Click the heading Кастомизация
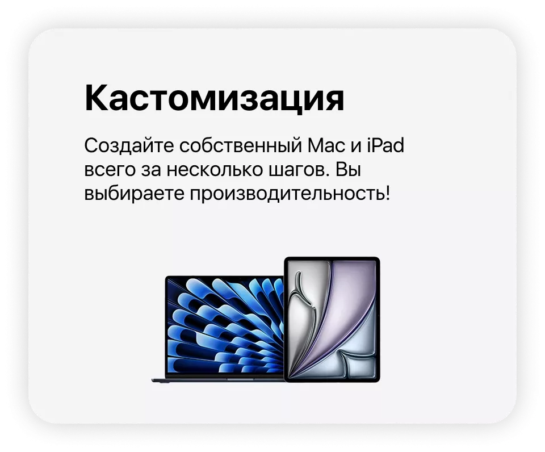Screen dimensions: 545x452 pyautogui.click(x=214, y=98)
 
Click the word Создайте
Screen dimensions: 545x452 pyautogui.click(x=129, y=145)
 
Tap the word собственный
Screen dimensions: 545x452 pyautogui.click(x=241, y=146)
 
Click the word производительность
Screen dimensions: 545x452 pyautogui.click(x=287, y=194)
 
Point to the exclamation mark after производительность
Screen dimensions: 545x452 pyautogui.click(x=387, y=192)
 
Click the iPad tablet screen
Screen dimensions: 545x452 pyautogui.click(x=332, y=319)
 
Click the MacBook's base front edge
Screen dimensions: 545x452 pyautogui.click(x=218, y=380)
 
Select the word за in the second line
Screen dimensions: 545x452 pyautogui.click(x=151, y=170)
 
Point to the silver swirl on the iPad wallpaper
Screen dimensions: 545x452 pyautogui.click(x=303, y=313)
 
